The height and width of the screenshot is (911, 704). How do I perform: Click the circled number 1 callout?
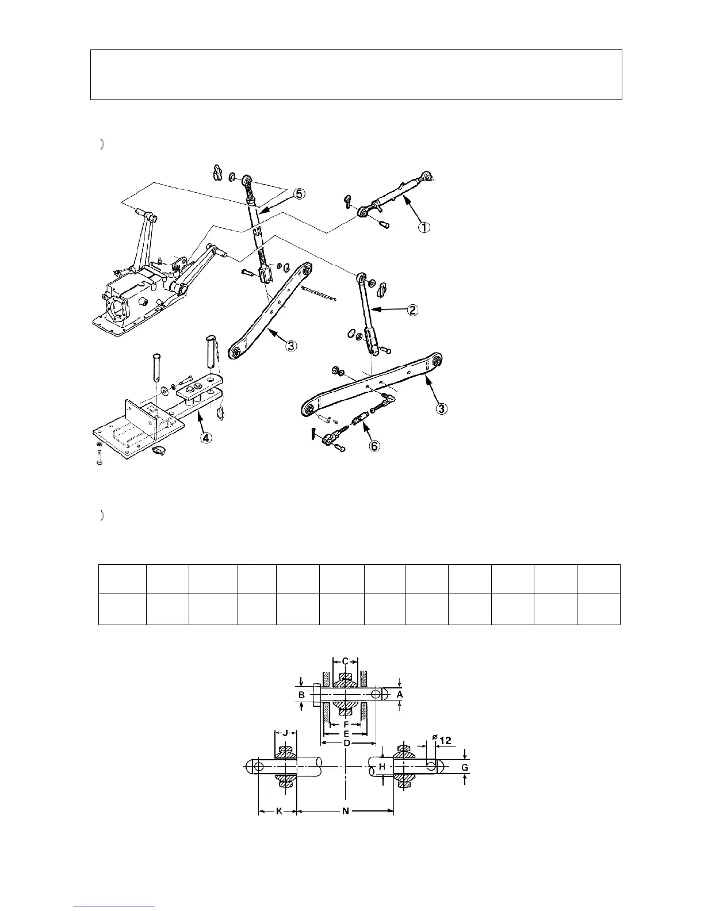[x=423, y=228]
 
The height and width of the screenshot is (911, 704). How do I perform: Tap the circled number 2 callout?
[x=412, y=311]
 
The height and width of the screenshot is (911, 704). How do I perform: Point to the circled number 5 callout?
[x=299, y=194]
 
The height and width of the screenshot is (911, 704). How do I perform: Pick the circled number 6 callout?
[x=374, y=446]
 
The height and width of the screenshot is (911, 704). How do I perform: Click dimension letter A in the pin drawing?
[x=401, y=695]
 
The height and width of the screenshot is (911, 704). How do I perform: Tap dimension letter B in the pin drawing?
[x=301, y=695]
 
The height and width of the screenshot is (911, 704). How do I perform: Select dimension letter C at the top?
[x=345, y=661]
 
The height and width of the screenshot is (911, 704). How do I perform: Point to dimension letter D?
[x=347, y=743]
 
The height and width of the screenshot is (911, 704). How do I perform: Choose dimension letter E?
[x=346, y=734]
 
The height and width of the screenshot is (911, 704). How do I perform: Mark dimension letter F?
[x=345, y=724]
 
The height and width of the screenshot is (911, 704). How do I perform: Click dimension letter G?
[x=465, y=767]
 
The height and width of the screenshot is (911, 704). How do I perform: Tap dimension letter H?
[x=381, y=767]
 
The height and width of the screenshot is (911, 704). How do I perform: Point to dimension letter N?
[x=345, y=812]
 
